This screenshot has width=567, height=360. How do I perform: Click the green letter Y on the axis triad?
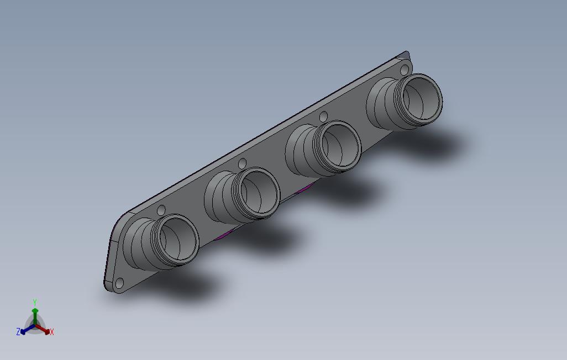(34, 302)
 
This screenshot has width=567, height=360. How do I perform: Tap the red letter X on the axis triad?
(51, 332)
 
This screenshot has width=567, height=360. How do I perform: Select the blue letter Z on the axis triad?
(18, 331)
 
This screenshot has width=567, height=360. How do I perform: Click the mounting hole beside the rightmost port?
(405, 70)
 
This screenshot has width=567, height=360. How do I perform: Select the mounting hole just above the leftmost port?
(161, 210)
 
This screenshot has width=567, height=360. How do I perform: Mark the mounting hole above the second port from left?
(242, 163)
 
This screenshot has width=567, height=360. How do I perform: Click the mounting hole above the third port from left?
(324, 116)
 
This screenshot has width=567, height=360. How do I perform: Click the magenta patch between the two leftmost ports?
(223, 235)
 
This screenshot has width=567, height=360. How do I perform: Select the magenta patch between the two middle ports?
(303, 189)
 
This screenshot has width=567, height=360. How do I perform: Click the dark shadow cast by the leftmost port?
(182, 284)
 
